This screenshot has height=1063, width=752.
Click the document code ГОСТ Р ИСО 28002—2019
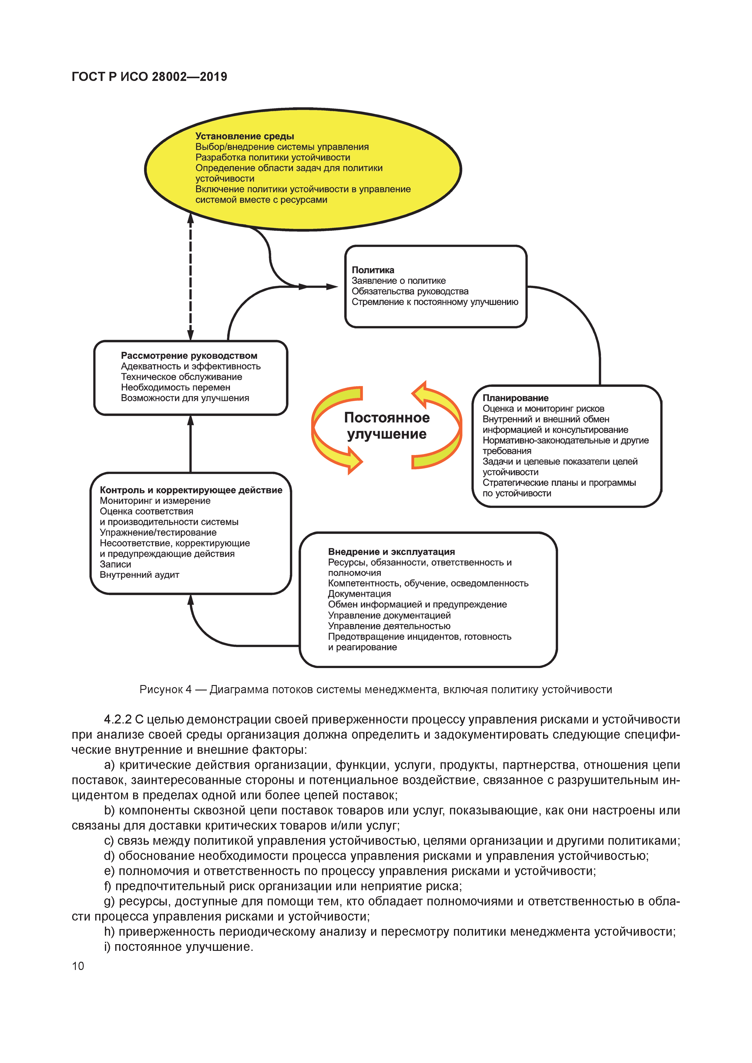[x=149, y=77]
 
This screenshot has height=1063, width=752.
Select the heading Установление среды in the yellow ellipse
[x=244, y=136]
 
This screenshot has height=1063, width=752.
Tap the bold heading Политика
[x=373, y=270]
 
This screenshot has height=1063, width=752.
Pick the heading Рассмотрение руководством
[x=189, y=356]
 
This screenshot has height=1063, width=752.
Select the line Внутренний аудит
[x=139, y=575]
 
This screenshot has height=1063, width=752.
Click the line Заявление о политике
[x=399, y=281]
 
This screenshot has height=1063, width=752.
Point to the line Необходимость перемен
[x=176, y=387]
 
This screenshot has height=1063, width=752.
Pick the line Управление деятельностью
[x=389, y=626]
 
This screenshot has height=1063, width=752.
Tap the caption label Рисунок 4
[x=165, y=689]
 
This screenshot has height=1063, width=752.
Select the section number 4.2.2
[x=118, y=720]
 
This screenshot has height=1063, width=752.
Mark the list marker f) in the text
[x=109, y=886]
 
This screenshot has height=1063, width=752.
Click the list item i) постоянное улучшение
[x=179, y=947]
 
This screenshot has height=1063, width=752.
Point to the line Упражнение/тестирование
[x=158, y=533]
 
